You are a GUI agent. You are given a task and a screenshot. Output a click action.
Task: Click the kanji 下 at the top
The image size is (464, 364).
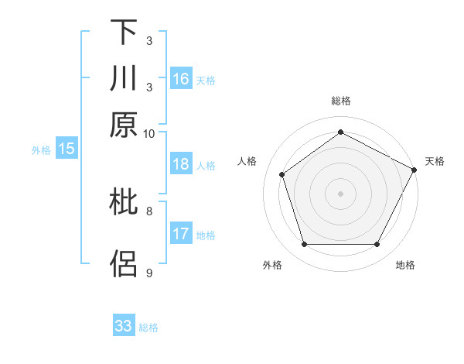coord(124,33)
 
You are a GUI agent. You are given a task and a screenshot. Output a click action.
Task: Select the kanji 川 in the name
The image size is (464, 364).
coord(124,79)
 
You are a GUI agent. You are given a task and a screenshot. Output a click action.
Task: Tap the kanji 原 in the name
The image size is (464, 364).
coord(124,125)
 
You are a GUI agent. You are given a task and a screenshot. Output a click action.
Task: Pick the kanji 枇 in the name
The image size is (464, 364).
coord(124,202)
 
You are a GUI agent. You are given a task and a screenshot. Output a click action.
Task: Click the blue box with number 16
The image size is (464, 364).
coord(181,78)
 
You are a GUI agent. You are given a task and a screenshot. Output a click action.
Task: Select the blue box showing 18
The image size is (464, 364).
coord(181,164)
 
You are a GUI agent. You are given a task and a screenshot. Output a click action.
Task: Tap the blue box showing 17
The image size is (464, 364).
coord(181,234)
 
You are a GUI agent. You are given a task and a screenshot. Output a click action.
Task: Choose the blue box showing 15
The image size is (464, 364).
coord(67,149)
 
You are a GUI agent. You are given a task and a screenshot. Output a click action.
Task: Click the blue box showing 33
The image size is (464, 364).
coord(124,326)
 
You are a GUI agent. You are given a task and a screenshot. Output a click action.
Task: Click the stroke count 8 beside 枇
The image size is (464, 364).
coord(149,210)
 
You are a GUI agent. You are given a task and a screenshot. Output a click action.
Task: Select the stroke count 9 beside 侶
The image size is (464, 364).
coord(149,273)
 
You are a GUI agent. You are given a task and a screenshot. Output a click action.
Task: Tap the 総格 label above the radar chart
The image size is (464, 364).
coord(341,101)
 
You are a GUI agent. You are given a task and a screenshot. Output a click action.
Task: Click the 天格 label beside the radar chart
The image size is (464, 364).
coord(435,161)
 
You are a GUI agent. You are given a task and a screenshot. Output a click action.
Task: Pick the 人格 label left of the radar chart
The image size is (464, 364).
coord(247,161)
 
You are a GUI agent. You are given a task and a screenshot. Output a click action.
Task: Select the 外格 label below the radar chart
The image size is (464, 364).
coord(272,265)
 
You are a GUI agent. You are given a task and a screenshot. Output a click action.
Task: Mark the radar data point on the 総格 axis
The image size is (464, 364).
coord(341,132)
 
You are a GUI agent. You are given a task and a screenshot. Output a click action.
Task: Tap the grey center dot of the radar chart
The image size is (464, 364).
coord(341,193)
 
